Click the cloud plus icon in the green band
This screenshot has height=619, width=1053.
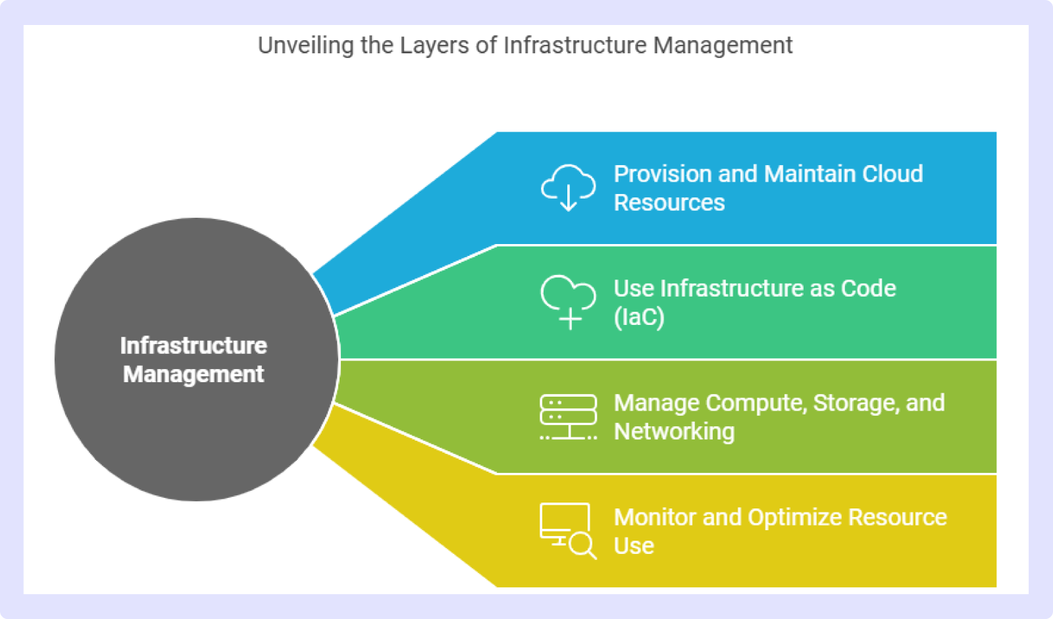point(569,302)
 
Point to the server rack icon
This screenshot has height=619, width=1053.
point(569,417)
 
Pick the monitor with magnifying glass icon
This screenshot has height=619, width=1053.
point(569,531)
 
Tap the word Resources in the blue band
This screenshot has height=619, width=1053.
point(669,203)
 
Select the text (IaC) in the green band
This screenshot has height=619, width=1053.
point(639,317)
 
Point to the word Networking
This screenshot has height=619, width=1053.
point(674,432)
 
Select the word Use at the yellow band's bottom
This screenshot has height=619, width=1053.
point(634,546)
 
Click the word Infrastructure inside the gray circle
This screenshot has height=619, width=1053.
point(193,346)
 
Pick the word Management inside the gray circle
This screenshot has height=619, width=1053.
point(193,374)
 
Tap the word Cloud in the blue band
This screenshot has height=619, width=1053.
point(892,174)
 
